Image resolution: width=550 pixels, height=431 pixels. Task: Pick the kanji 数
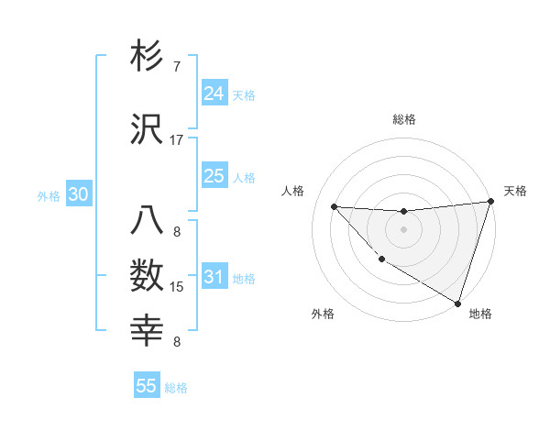[x=148, y=277]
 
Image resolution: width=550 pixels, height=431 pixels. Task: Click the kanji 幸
[x=148, y=331]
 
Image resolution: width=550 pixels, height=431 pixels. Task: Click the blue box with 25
[x=214, y=176]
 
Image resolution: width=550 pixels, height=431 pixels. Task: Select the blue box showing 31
[x=214, y=277]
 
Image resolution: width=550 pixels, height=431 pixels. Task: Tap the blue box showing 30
[x=78, y=195]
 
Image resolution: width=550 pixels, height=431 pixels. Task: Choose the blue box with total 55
[x=147, y=386]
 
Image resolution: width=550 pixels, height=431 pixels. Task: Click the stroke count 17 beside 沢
[x=177, y=140]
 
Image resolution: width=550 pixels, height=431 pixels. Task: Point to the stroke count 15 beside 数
[x=177, y=287]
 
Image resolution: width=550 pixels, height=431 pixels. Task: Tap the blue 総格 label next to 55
[x=176, y=388]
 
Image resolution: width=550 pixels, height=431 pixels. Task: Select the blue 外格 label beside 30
[x=49, y=196]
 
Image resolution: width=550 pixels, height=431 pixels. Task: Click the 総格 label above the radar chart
[x=404, y=119]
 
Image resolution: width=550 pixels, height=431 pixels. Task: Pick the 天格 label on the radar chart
[x=515, y=191]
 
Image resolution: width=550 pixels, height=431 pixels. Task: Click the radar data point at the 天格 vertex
[x=490, y=202]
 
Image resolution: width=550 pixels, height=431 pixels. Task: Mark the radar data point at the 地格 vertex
[x=457, y=303]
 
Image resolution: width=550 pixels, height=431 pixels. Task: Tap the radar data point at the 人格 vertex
[x=335, y=206]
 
